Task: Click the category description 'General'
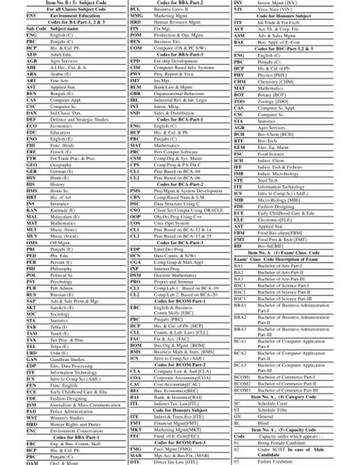(x=265, y=416)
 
